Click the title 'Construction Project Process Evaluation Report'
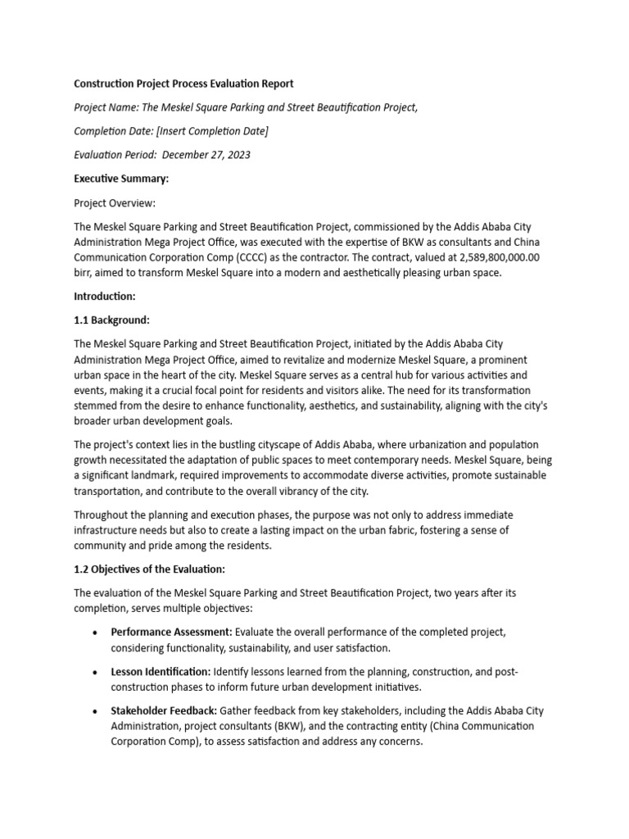click(x=183, y=84)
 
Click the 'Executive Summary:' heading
click(x=121, y=179)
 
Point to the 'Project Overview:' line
click(x=115, y=202)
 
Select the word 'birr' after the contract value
click(x=84, y=273)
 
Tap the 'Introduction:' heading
click(x=105, y=297)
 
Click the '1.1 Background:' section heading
click(x=112, y=320)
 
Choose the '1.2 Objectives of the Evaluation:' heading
click(x=149, y=569)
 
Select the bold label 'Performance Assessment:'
click(x=171, y=633)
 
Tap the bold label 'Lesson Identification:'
click(x=161, y=672)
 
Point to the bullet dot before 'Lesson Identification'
click(x=96, y=672)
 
